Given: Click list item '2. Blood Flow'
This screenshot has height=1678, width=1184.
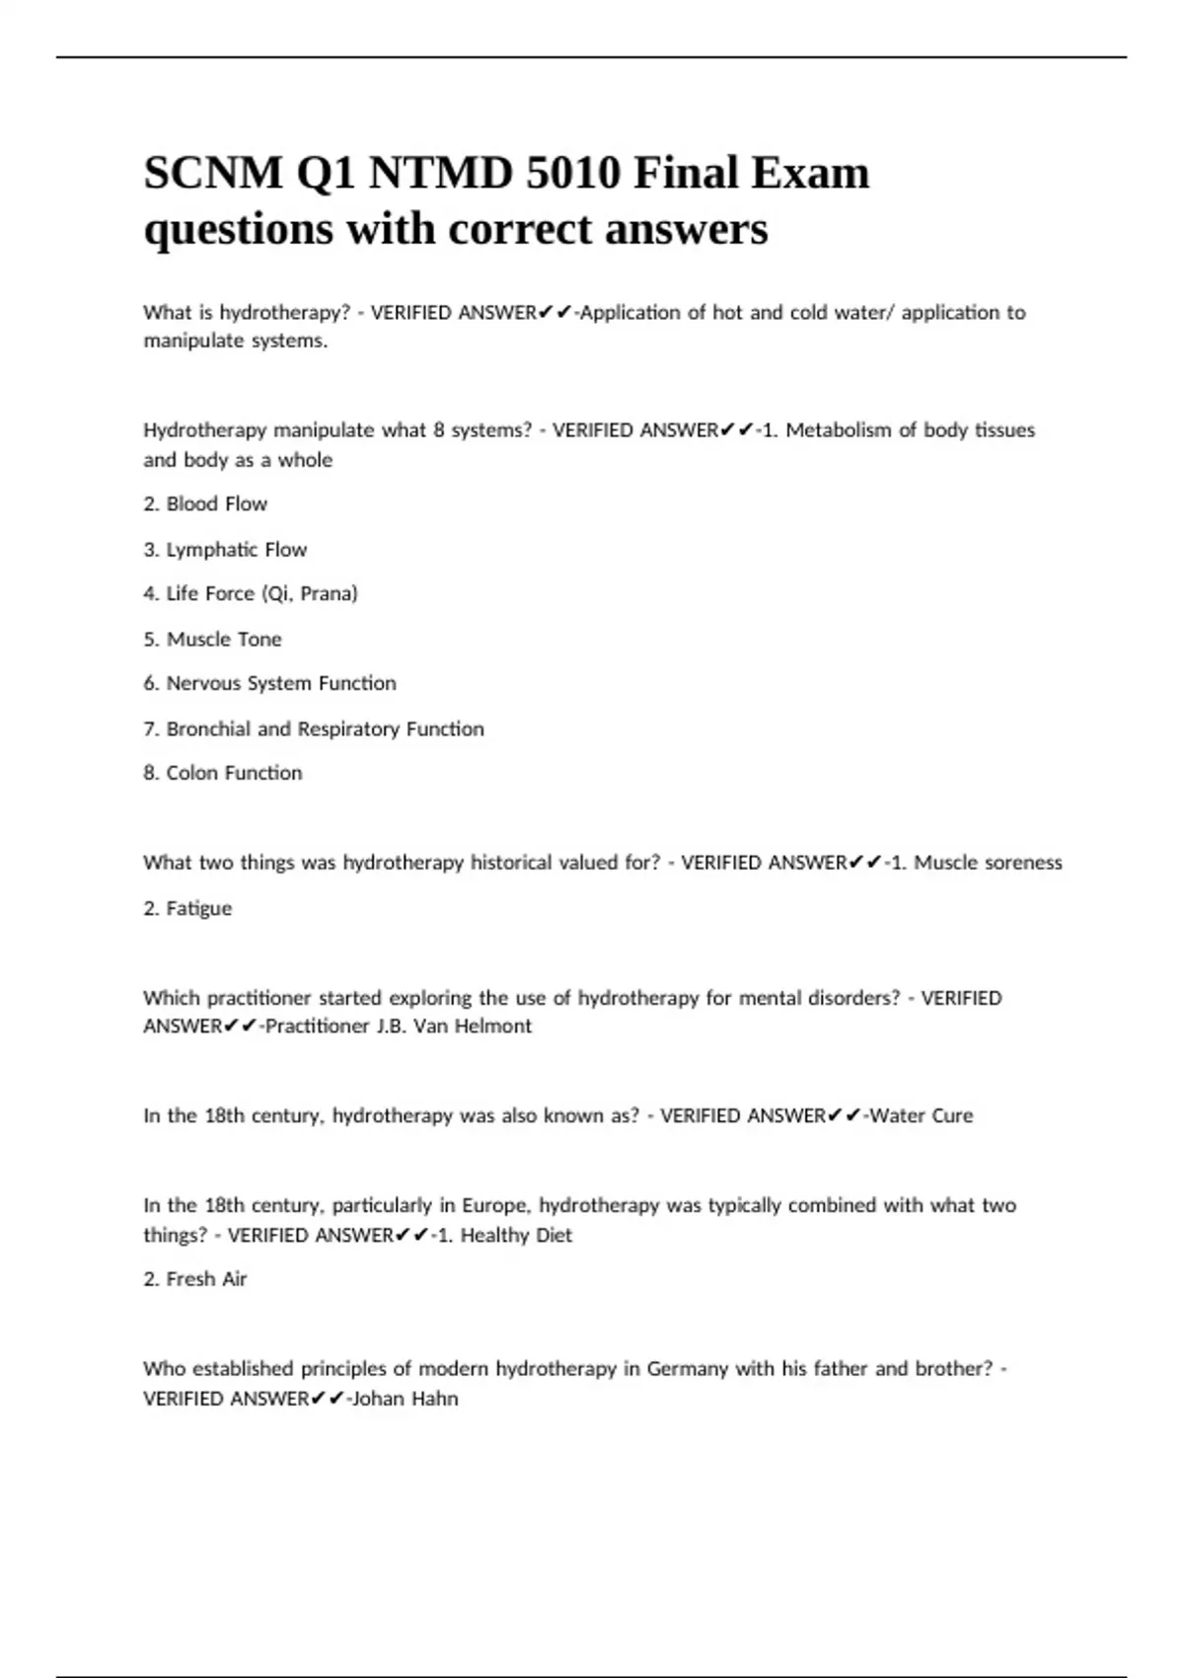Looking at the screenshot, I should [x=205, y=503].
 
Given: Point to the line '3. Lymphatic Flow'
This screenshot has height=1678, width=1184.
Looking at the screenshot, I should [x=225, y=549].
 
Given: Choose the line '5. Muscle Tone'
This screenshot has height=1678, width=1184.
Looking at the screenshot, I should [x=212, y=639].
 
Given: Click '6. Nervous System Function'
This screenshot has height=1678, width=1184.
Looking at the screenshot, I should [x=269, y=683].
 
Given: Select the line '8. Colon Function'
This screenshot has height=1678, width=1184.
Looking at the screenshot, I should [x=223, y=773].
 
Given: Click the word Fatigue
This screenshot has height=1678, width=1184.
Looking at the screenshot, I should [x=198, y=908].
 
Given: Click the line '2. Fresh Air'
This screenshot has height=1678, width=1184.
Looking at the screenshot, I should [x=194, y=1278].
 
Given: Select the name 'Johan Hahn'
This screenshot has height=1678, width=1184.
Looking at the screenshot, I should [x=405, y=1398].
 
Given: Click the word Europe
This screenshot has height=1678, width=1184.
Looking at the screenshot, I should [x=493, y=1205].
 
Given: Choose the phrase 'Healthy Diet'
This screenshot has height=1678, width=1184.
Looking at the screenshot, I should [x=516, y=1235].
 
